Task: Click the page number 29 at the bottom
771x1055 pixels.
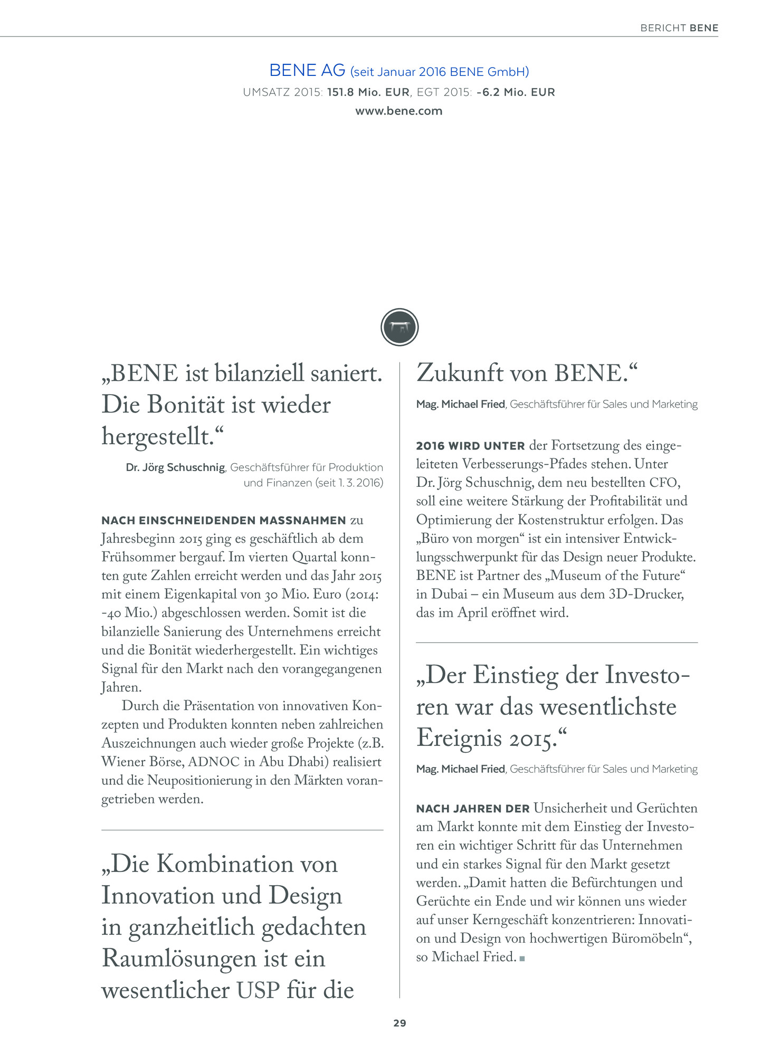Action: coord(399,1023)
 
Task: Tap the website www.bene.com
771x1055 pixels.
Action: coord(398,111)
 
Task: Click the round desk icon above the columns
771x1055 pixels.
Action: coord(399,327)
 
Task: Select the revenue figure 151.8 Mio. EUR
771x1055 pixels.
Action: coord(368,92)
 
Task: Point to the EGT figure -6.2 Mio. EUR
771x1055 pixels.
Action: coord(515,92)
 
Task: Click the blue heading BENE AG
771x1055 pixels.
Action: coord(307,70)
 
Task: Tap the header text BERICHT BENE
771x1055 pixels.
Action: coord(679,28)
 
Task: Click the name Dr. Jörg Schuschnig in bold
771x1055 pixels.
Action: coord(175,467)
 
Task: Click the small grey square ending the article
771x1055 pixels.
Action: coord(522,958)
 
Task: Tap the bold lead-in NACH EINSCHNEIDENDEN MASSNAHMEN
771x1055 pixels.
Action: coord(224,521)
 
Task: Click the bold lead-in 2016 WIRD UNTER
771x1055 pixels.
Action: coord(470,446)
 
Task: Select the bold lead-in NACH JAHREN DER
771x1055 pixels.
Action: coord(473,809)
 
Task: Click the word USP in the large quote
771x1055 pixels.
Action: coord(258,990)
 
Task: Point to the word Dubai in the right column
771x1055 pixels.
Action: coord(449,594)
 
